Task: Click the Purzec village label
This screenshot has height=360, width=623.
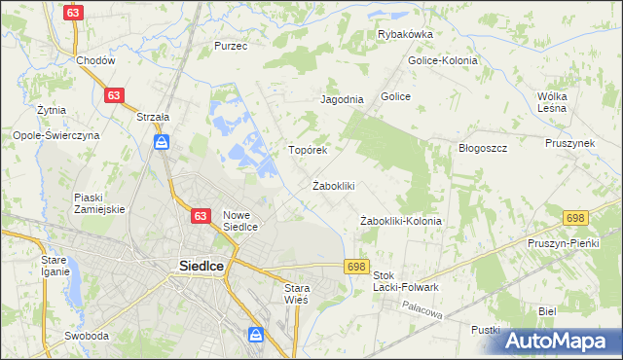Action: [232, 46]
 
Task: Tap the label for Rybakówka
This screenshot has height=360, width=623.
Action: [405, 34]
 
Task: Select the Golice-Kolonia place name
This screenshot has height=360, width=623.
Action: [443, 60]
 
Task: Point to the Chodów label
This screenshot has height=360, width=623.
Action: [96, 60]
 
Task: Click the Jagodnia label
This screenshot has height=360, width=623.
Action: [342, 99]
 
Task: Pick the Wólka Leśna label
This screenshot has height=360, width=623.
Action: [559, 102]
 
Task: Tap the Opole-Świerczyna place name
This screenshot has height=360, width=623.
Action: [55, 136]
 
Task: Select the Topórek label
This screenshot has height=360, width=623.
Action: [307, 151]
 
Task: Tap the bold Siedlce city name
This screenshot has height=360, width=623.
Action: [203, 265]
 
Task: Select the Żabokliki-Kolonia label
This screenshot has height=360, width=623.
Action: [401, 221]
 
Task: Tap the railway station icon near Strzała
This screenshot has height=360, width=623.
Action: [162, 144]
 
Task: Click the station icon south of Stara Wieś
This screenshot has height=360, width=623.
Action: [256, 336]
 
